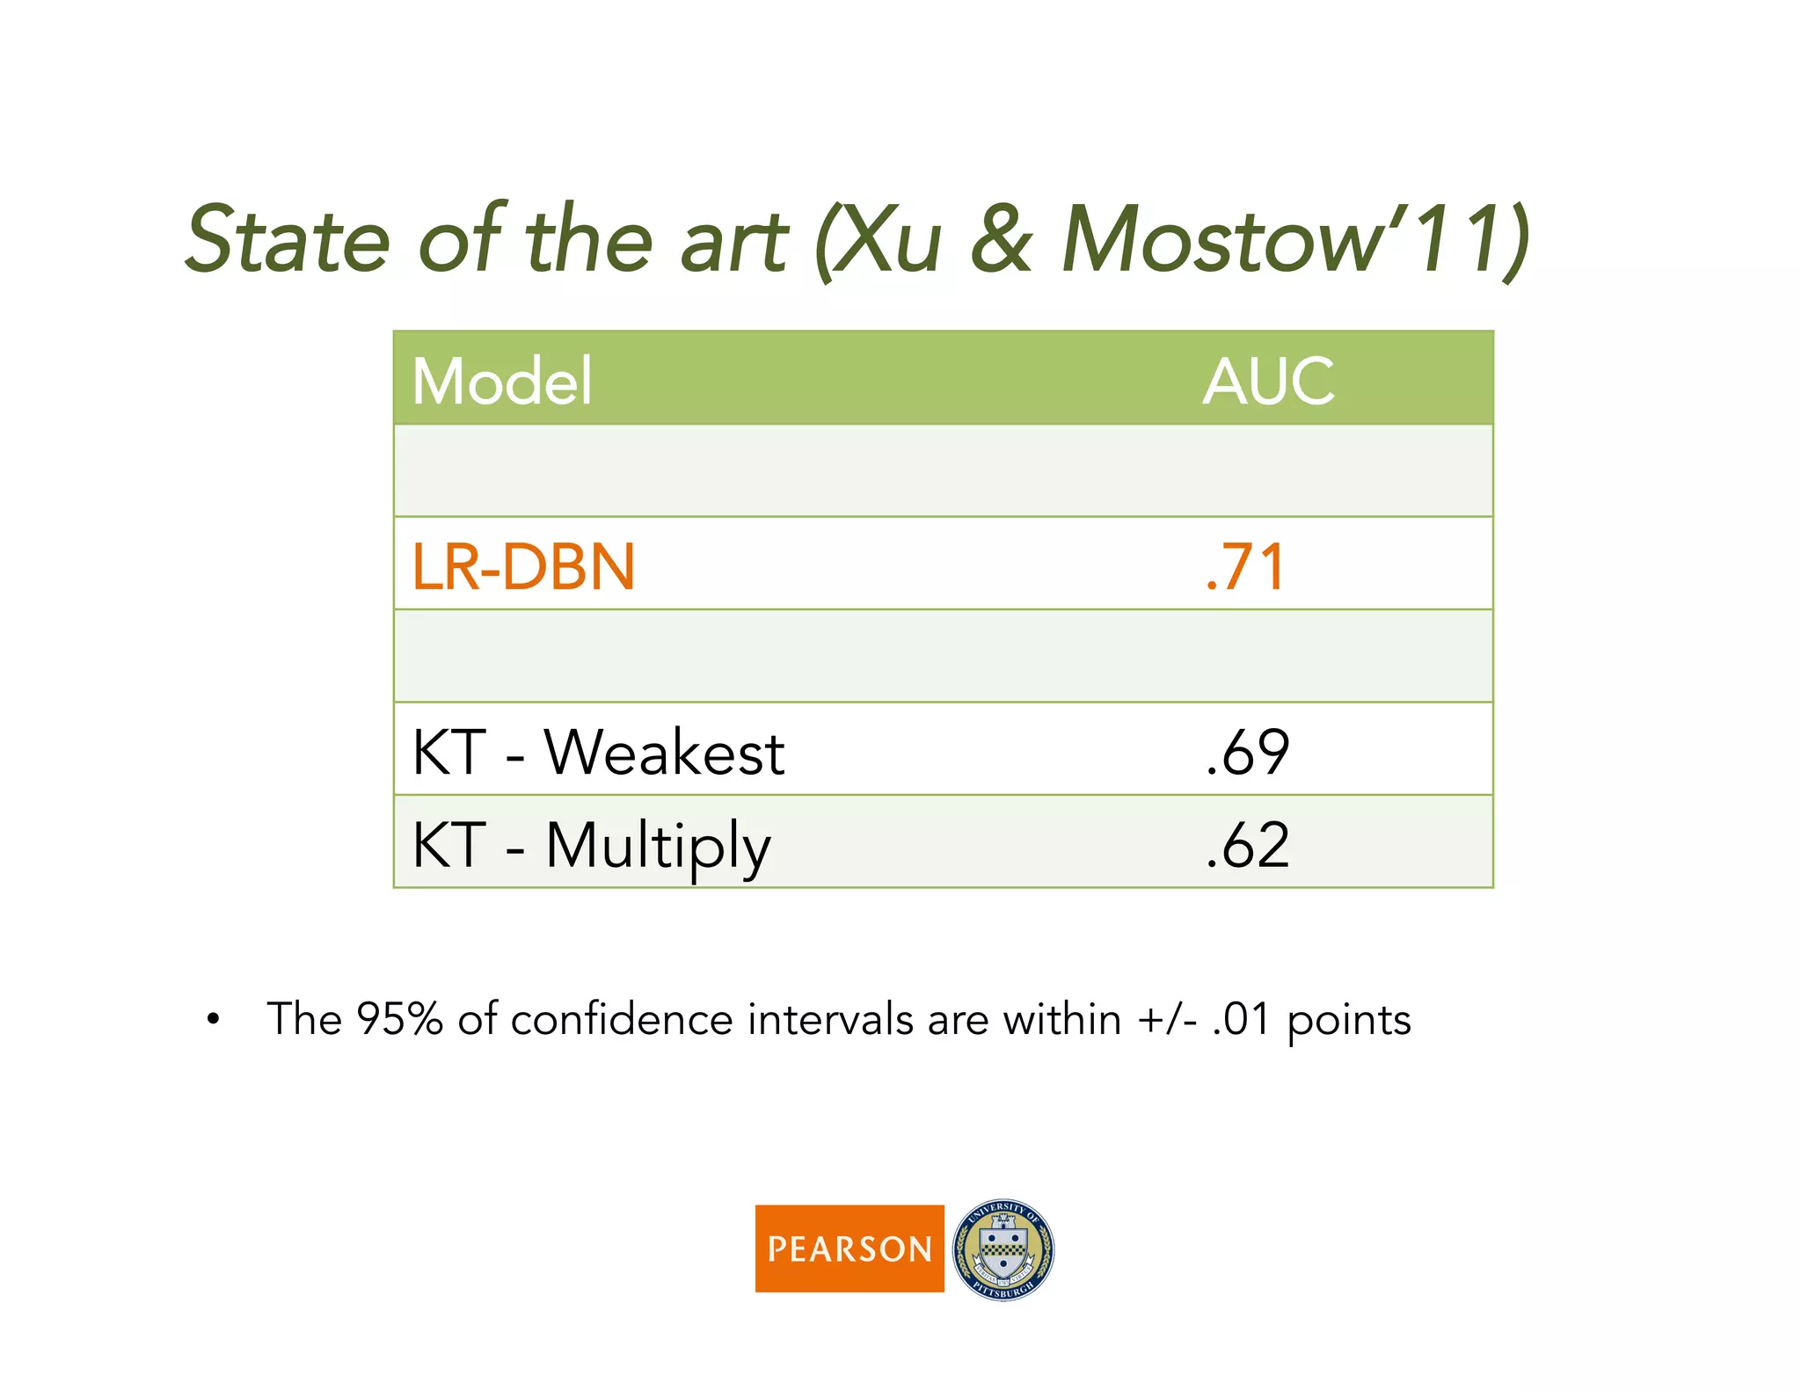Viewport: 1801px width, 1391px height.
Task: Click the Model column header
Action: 502,382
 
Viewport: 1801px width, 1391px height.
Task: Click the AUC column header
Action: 1268,382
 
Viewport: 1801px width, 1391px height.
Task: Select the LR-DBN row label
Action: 523,566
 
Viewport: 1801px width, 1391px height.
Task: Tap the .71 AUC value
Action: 1245,566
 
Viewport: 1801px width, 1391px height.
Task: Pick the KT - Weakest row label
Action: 598,753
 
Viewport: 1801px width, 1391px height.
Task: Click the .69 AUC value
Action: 1247,753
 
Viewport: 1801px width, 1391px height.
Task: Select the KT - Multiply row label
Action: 591,845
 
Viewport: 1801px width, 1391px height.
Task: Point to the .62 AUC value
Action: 1247,845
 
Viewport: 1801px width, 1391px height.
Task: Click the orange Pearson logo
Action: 849,1248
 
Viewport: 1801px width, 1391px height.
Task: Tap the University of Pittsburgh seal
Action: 1003,1249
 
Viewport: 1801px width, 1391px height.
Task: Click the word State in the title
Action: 288,239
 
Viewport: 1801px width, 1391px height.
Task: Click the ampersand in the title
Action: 1001,239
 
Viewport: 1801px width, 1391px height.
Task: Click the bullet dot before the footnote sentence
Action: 213,1020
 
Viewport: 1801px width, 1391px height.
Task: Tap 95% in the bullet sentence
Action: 399,1020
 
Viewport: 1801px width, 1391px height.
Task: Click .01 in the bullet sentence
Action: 1240,1020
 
